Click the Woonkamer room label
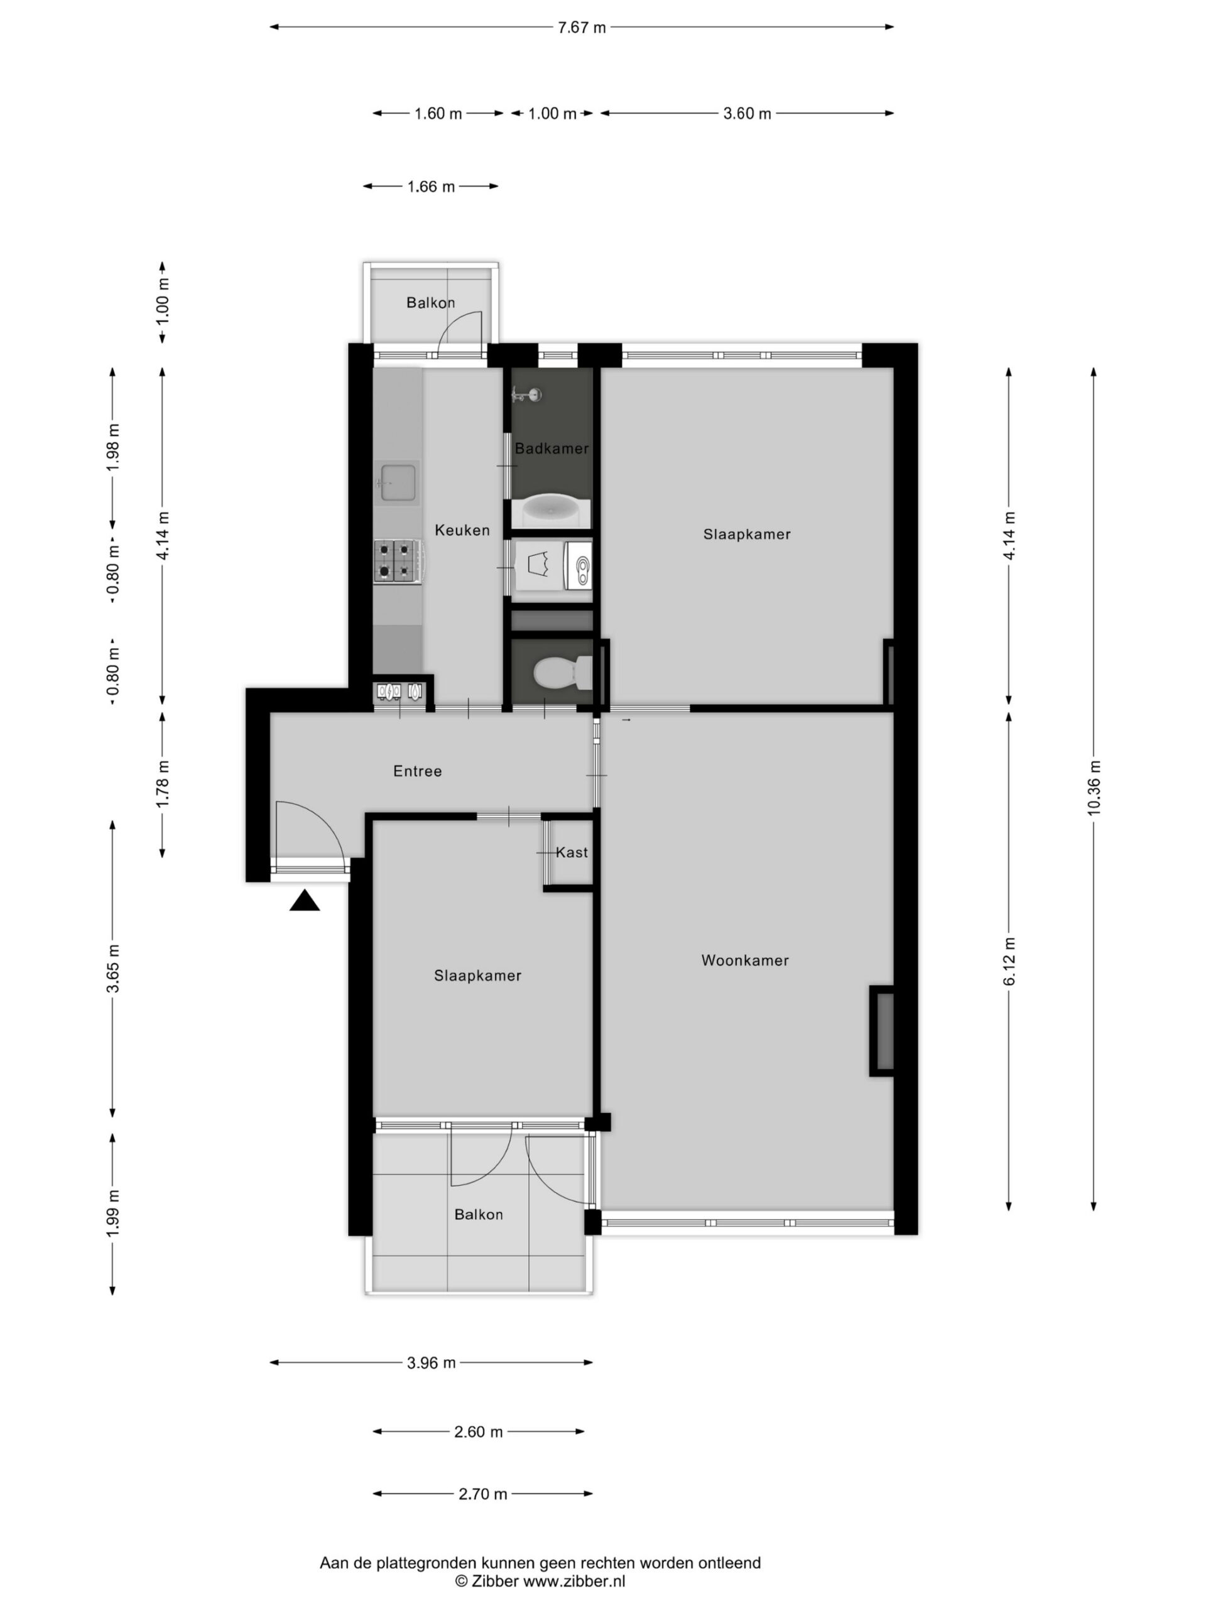pyautogui.click(x=744, y=960)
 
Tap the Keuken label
pyautogui.click(x=462, y=530)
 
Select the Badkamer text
pyautogui.click(x=551, y=448)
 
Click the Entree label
pyautogui.click(x=417, y=771)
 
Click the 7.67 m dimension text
pyautogui.click(x=582, y=28)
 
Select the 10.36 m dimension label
pyautogui.click(x=1094, y=787)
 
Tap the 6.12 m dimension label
pyautogui.click(x=1009, y=961)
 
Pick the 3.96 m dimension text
pyautogui.click(x=431, y=1363)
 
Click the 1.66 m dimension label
pyautogui.click(x=431, y=187)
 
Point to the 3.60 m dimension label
pyautogui.click(x=747, y=114)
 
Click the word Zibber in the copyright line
pyautogui.click(x=495, y=1581)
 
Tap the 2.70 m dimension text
pyautogui.click(x=482, y=1494)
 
